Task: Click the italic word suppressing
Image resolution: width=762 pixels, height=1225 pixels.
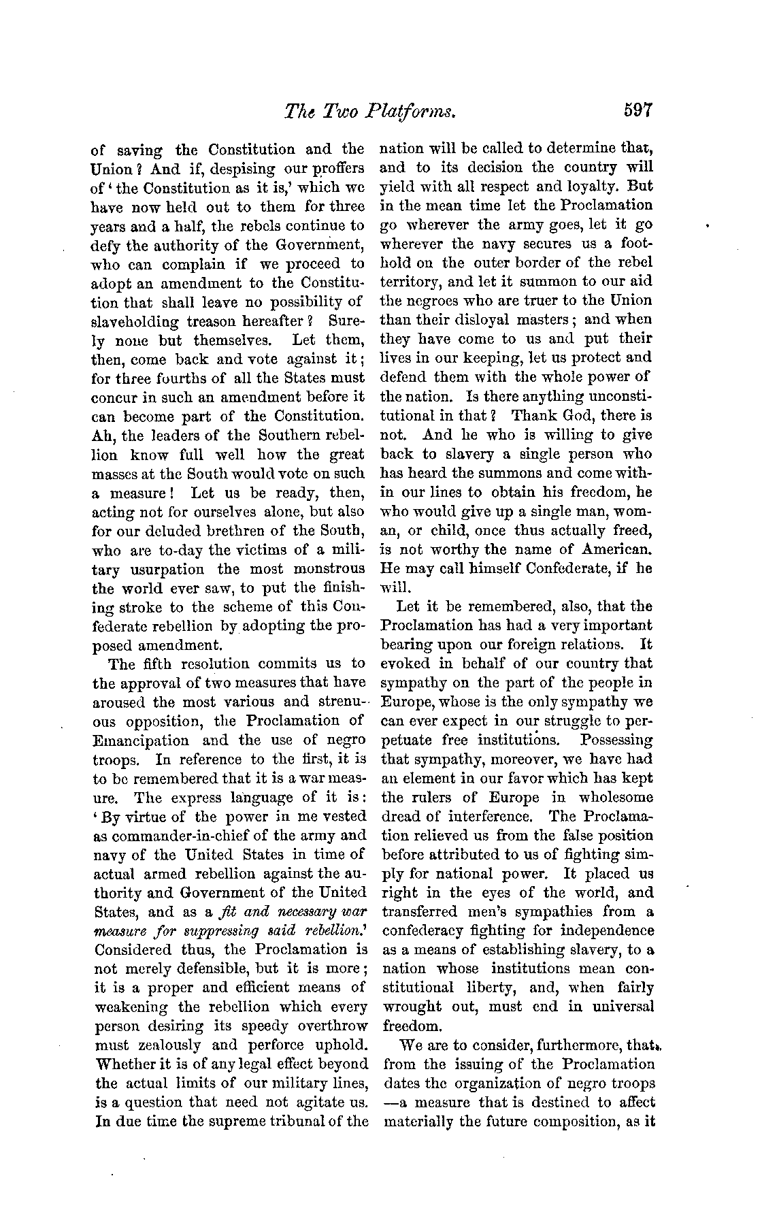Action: click(x=204, y=930)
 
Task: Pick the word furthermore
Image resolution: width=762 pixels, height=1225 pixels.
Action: click(x=551, y=1045)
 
